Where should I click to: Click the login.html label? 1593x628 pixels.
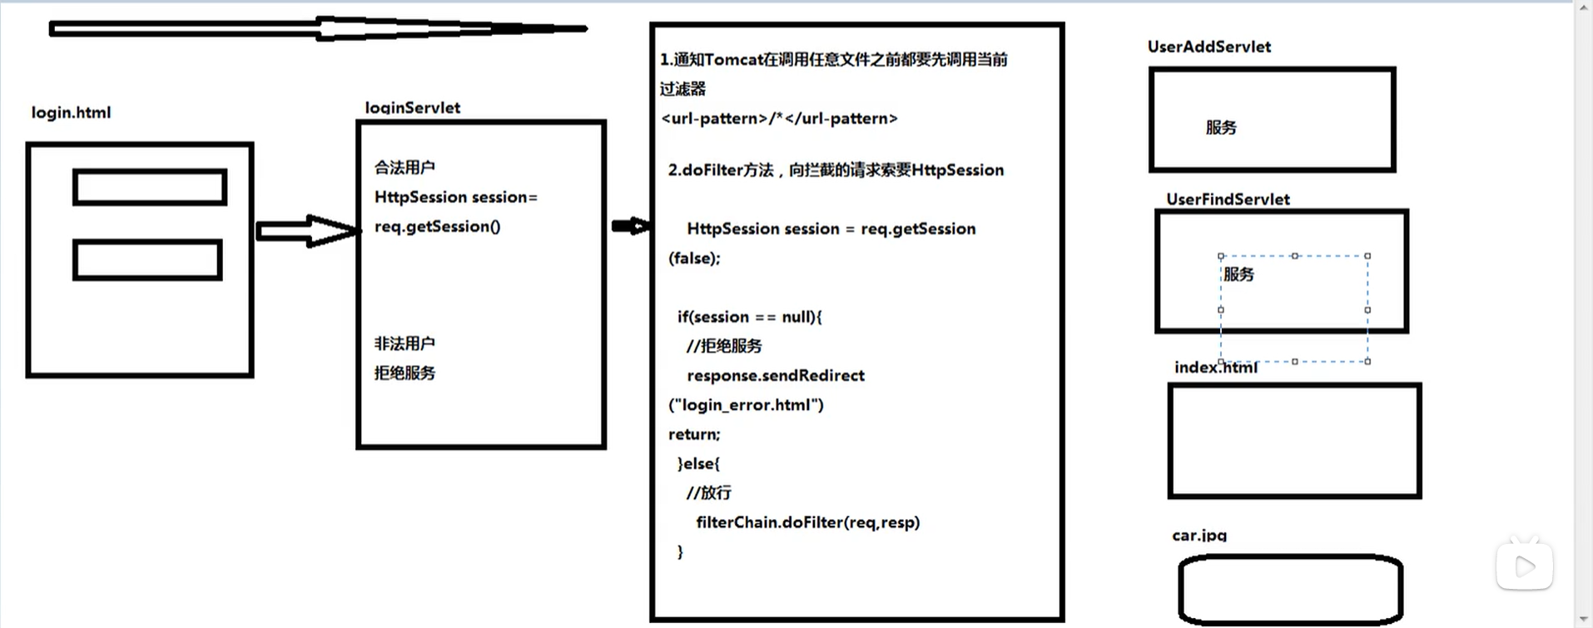pyautogui.click(x=71, y=112)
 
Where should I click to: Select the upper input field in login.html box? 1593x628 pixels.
pyautogui.click(x=150, y=187)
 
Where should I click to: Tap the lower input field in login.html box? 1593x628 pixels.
pyautogui.click(x=147, y=260)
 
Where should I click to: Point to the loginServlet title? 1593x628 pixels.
pyautogui.click(x=412, y=107)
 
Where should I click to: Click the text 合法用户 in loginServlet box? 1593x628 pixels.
pyautogui.click(x=404, y=167)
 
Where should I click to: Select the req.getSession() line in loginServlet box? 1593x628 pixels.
pyautogui.click(x=437, y=226)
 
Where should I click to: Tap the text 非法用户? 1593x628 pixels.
pyautogui.click(x=404, y=344)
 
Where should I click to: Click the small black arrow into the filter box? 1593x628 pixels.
pyautogui.click(x=630, y=226)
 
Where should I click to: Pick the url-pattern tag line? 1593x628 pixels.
pyautogui.click(x=779, y=118)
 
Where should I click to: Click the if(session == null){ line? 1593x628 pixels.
pyautogui.click(x=749, y=317)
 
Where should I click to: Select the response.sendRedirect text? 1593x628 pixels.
pyautogui.click(x=775, y=375)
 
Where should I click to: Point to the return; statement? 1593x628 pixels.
pyautogui.click(x=694, y=434)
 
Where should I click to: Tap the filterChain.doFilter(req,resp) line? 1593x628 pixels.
pyautogui.click(x=807, y=522)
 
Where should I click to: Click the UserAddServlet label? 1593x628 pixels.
pyautogui.click(x=1208, y=47)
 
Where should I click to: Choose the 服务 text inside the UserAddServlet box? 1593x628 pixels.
pyautogui.click(x=1221, y=127)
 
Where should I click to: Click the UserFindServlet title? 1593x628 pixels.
pyautogui.click(x=1228, y=199)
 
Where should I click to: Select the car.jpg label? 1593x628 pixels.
pyautogui.click(x=1199, y=535)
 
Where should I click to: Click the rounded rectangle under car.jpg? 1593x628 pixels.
pyautogui.click(x=1290, y=589)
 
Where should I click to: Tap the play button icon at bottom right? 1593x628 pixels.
pyautogui.click(x=1525, y=566)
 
